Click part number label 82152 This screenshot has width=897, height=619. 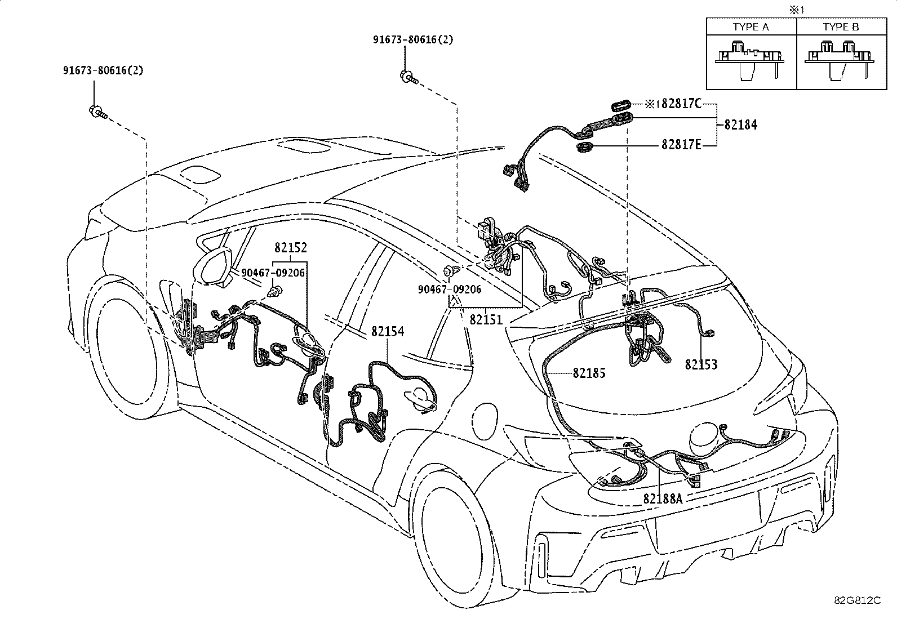click(291, 248)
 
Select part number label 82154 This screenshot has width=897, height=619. click(388, 331)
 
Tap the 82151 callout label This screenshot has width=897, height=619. click(486, 319)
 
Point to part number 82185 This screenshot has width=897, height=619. click(589, 373)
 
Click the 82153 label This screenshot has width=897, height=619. click(701, 364)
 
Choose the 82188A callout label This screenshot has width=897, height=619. click(663, 498)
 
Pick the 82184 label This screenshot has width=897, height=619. click(741, 125)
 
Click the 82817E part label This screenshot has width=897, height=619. click(681, 145)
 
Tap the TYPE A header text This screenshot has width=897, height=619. click(751, 27)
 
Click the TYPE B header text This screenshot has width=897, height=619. click(841, 27)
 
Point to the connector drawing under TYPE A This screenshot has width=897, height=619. click(751, 59)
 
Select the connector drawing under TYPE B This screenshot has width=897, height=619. click(841, 59)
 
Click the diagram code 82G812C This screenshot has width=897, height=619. click(857, 600)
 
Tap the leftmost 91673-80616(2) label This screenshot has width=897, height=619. click(103, 70)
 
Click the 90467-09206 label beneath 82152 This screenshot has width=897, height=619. click(273, 273)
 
